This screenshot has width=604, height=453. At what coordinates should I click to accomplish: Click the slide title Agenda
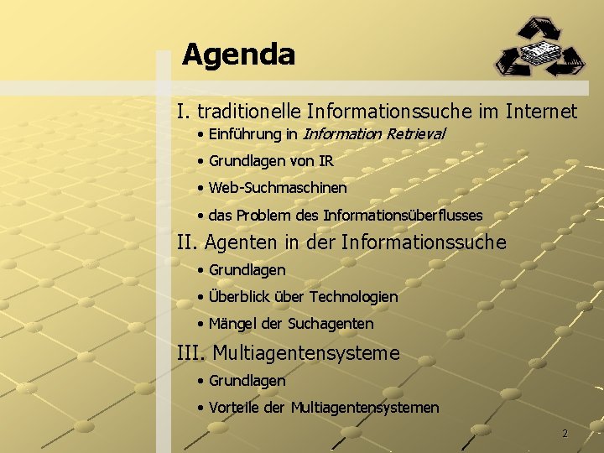238,55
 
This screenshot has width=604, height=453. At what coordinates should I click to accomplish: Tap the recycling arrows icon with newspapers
539,49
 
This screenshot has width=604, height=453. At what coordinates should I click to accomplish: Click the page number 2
565,434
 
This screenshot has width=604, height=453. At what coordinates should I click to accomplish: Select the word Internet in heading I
538,111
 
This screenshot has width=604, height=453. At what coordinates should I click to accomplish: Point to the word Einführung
245,134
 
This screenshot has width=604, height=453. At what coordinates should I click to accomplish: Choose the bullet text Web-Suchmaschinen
277,188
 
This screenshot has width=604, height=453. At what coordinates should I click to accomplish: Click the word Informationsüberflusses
403,216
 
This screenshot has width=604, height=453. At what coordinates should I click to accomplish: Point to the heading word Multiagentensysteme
307,353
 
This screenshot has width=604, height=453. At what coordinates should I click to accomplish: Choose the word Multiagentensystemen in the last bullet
364,408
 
